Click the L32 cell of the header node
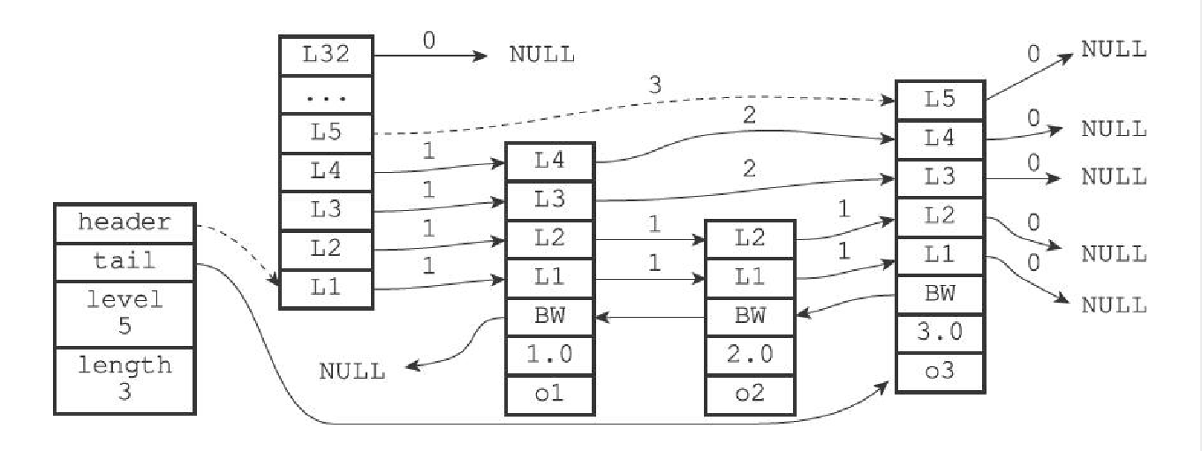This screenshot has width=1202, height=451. (x=326, y=56)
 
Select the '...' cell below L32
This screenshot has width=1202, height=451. (x=326, y=94)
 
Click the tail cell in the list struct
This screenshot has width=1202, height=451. (x=124, y=261)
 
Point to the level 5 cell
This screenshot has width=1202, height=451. (x=124, y=314)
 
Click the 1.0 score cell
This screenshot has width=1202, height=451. (x=549, y=355)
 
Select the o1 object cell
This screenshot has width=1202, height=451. (x=549, y=395)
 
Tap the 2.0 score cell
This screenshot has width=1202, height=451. (x=749, y=355)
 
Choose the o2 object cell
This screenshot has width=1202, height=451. (x=749, y=395)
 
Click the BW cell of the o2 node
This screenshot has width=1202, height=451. (x=749, y=315)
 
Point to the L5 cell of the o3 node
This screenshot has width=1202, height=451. (x=940, y=100)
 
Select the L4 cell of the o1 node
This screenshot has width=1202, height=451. (x=549, y=162)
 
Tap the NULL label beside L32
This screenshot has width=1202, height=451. (x=541, y=55)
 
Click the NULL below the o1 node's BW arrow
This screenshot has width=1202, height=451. (x=352, y=372)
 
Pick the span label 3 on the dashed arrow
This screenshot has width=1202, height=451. (x=654, y=86)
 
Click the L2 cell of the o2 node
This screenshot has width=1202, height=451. (x=749, y=237)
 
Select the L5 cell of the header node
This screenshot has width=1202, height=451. (x=326, y=133)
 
